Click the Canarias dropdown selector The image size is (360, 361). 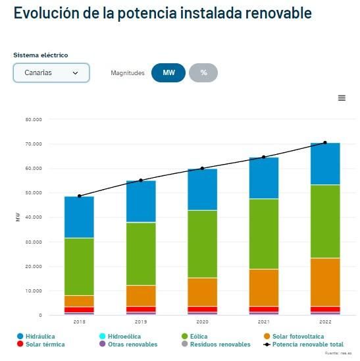pos(51,72)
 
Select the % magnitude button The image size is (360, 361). pos(203,72)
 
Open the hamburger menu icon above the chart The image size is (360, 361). pos(342,97)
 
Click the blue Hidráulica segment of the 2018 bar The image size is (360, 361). pos(79,217)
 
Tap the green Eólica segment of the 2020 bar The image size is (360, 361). pos(202,244)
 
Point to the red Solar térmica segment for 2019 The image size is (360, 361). pos(141,309)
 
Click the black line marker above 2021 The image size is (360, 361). pos(263,157)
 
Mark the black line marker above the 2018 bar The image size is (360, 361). pos(79,196)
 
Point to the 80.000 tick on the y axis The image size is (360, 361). pos(33,120)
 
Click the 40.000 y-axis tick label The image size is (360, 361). pos(33,217)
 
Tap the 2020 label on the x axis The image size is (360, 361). pos(202,321)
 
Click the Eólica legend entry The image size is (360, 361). pos(199,336)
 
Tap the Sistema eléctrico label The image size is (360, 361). pos(41,55)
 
